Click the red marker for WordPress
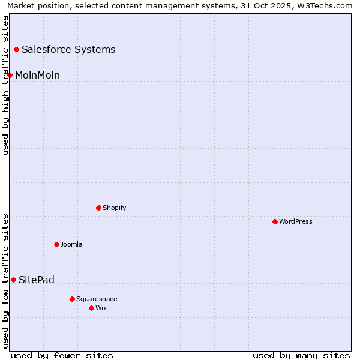[x=275, y=221]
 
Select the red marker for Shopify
[x=98, y=208]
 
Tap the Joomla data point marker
[x=56, y=244]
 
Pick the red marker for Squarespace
[x=72, y=299]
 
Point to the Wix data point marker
[x=91, y=308]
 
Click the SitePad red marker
[x=13, y=280]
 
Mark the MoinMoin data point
[x=10, y=75]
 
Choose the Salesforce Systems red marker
[x=16, y=49]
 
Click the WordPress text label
[x=296, y=221]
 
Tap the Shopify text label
[x=114, y=208]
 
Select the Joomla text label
[x=71, y=244]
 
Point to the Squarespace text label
[x=97, y=299]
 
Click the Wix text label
[x=101, y=308]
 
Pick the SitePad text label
[x=37, y=280]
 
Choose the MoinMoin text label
[x=37, y=75]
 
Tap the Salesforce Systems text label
[x=68, y=49]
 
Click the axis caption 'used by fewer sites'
[x=62, y=355]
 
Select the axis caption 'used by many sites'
[x=301, y=355]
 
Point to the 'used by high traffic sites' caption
[x=5, y=85]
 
